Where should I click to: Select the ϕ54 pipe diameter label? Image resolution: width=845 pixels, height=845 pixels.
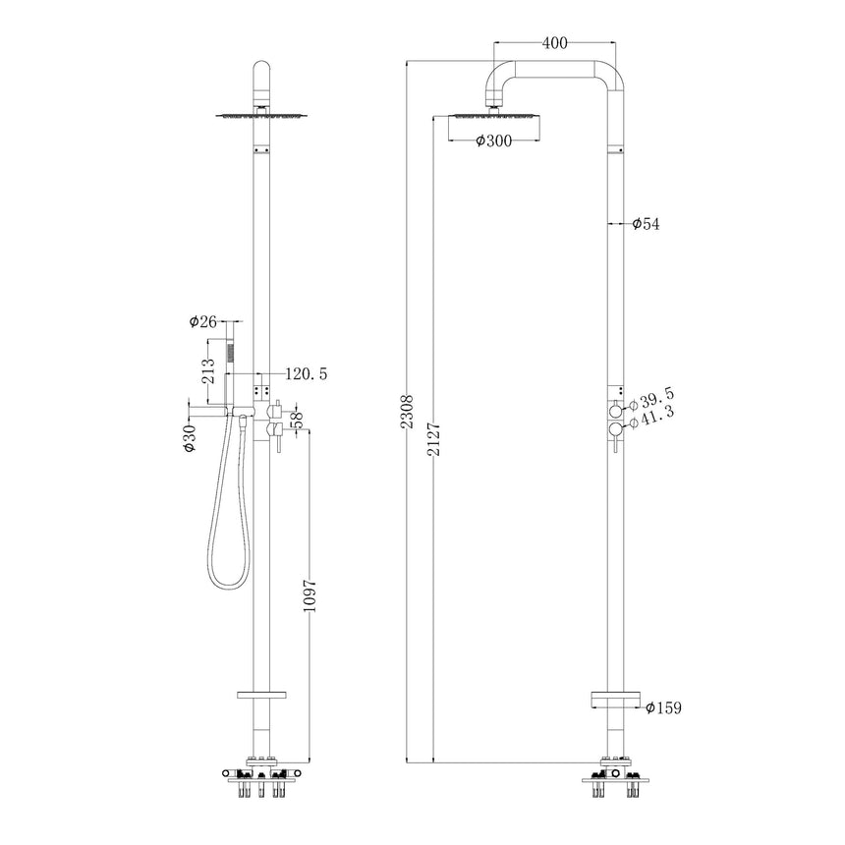click(x=646, y=224)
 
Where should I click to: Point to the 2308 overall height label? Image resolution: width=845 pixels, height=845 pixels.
click(x=411, y=413)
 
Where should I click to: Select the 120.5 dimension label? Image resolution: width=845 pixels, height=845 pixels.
click(x=306, y=374)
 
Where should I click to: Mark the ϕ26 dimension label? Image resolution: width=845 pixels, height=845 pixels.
click(x=202, y=321)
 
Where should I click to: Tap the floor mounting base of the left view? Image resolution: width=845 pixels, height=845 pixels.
click(x=260, y=776)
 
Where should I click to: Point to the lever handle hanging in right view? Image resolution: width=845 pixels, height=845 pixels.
click(x=616, y=446)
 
